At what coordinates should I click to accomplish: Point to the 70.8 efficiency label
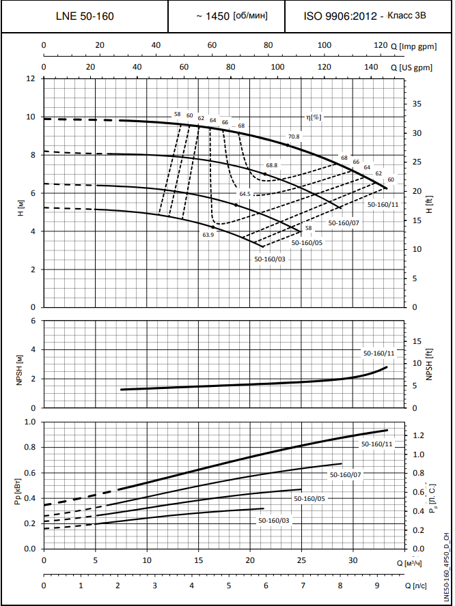pos(294,136)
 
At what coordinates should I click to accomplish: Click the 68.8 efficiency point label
pos(272,166)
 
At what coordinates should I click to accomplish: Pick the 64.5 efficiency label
pos(245,194)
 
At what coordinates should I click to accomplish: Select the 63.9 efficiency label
pos(208,235)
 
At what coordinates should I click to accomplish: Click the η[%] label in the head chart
pos(314,117)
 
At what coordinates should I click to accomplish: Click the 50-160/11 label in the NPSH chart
pos(378,353)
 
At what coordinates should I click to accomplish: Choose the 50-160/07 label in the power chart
pos(346,474)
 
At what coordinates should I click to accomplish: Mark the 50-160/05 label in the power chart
pos(309,499)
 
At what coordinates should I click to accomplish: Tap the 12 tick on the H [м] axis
pos(30,78)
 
